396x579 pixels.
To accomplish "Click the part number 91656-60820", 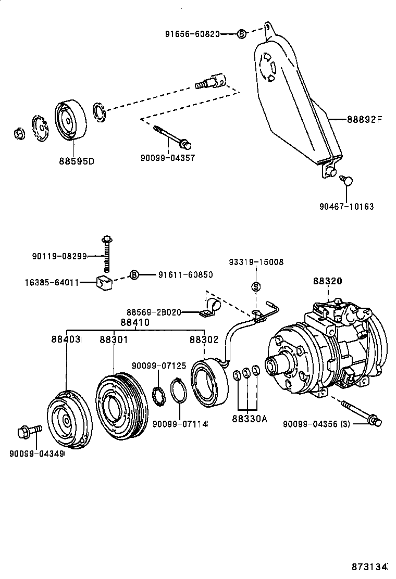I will [x=192, y=34].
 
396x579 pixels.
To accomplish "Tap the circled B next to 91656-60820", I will [x=241, y=34].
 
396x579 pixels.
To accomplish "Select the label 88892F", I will [x=365, y=119].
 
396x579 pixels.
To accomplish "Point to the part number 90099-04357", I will [x=168, y=157].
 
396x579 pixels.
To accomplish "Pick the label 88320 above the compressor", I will [x=327, y=281].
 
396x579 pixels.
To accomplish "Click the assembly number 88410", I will [x=135, y=322].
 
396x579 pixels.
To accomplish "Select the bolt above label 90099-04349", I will [x=28, y=432].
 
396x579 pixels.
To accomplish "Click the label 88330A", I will [x=250, y=418].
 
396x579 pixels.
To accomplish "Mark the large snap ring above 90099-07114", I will [x=179, y=392].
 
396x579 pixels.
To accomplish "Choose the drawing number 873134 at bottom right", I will [x=370, y=566].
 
